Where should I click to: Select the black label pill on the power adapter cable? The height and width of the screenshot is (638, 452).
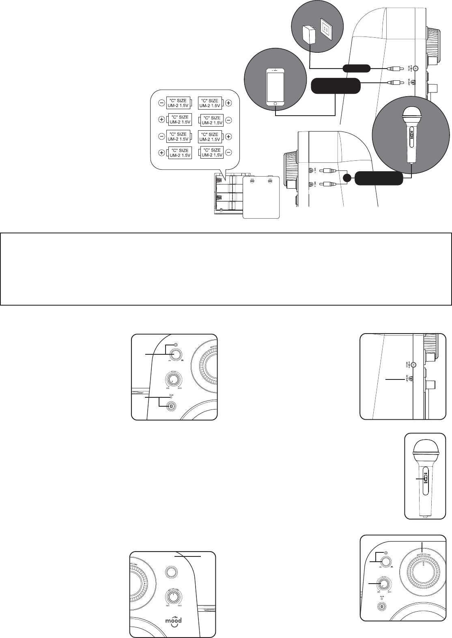[x=356, y=68]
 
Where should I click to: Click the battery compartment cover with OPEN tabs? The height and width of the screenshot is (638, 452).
[x=261, y=197]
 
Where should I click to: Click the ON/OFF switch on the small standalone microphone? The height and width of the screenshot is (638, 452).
[x=424, y=479]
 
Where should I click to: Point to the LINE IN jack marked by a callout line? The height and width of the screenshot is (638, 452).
[x=411, y=379]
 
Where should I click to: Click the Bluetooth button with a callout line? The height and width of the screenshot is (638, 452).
[x=171, y=406]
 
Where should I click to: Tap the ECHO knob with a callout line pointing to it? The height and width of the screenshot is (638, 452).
[x=383, y=584]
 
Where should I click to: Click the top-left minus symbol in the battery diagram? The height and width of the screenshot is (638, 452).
[x=161, y=103]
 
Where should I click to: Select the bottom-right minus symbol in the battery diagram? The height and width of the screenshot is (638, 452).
[x=228, y=153]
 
